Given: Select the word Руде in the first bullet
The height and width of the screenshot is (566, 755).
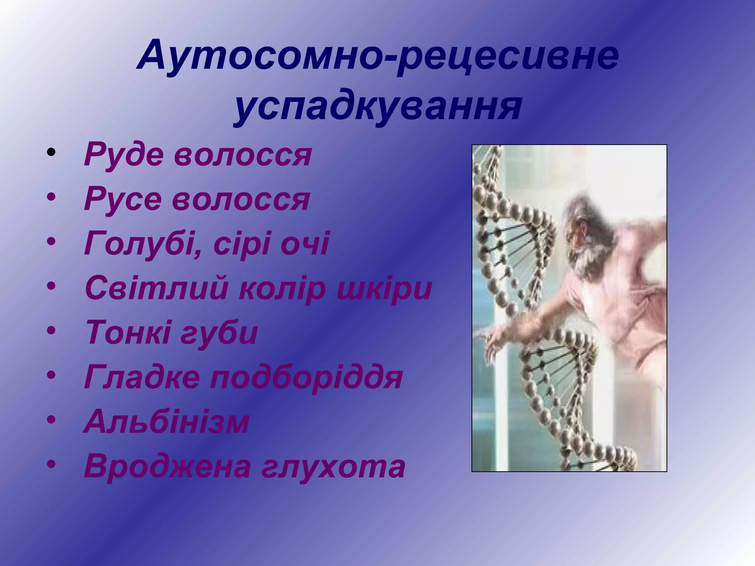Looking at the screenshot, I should pos(124,155).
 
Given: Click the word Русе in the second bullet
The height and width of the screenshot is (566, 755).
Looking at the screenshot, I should pos(123,199).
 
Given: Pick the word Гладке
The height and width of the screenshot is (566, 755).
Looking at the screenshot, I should pos(142,377).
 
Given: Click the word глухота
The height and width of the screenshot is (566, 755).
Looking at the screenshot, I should pos(334,466).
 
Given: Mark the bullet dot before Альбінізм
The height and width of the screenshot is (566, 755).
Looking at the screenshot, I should pos(51,419).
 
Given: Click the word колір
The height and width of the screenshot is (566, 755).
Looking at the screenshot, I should pos(282,288).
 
